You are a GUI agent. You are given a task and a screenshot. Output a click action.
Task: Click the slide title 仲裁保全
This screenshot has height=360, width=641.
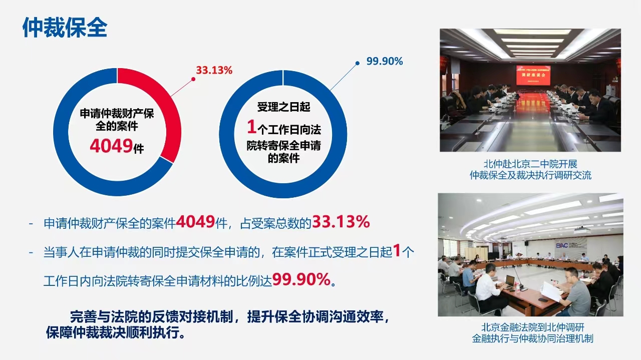[65, 28]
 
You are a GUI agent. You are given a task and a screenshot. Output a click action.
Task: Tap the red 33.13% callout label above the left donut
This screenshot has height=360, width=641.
[214, 71]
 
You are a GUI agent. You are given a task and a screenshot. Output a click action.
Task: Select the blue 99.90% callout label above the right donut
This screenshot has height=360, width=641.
[385, 61]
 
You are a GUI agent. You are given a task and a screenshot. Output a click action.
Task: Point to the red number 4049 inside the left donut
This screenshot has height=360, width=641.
[111, 146]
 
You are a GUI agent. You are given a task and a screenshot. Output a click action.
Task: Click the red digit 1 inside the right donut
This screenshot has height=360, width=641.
[251, 127]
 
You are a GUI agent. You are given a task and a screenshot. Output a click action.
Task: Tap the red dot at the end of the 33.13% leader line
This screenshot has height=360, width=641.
[193, 79]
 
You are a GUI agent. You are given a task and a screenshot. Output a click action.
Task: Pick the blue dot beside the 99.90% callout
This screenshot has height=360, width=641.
[358, 63]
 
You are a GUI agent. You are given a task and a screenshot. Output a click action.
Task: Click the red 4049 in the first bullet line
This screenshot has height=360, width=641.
[195, 222]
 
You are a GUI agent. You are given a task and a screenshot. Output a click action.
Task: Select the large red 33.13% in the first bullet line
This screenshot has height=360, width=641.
[341, 222]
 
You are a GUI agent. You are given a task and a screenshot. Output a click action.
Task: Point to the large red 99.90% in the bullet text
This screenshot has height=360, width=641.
[301, 279]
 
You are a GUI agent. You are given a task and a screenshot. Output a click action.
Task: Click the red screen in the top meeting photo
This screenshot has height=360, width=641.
[533, 75]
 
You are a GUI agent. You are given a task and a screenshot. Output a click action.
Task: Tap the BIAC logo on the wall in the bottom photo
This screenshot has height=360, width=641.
[562, 245]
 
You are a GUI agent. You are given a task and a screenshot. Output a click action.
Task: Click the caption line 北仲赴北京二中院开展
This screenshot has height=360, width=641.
[530, 164]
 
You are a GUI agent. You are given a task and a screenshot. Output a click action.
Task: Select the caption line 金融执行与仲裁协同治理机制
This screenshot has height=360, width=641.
[532, 338]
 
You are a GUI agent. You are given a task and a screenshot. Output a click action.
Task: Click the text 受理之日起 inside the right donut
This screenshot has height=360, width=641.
[283, 107]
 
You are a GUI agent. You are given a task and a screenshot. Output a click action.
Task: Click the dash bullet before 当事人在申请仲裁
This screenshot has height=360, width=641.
[31, 252]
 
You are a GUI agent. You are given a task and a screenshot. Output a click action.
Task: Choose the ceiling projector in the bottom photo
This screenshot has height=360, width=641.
[582, 230]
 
